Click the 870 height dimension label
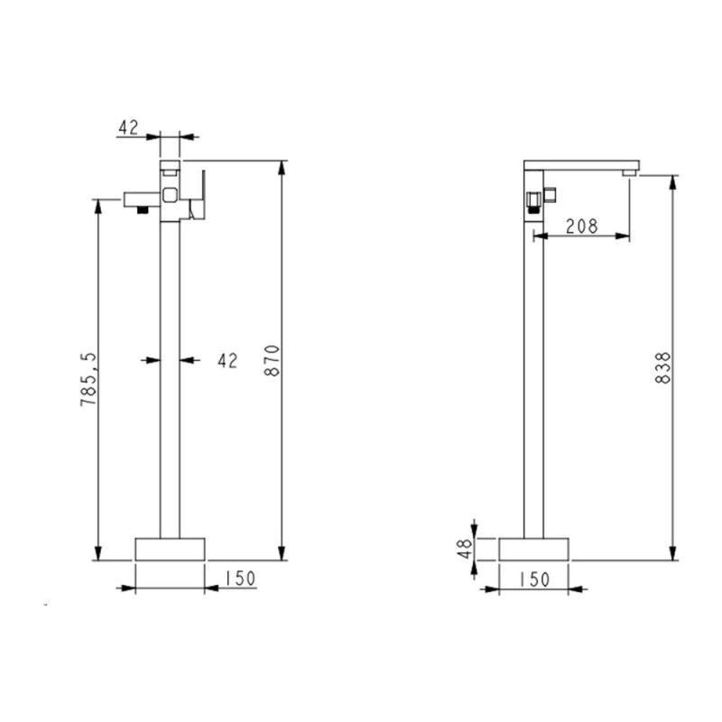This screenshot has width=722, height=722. [x=273, y=360]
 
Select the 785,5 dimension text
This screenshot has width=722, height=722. [x=88, y=378]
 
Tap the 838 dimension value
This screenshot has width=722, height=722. [x=663, y=367]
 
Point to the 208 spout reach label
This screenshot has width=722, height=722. [x=581, y=227]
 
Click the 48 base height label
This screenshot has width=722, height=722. [x=466, y=549]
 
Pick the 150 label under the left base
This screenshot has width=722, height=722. [x=239, y=579]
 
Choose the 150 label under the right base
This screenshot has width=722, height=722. [x=534, y=579]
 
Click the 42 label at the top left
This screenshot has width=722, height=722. [x=128, y=127]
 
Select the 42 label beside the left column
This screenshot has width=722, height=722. [x=227, y=360]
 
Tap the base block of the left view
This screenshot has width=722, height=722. [x=170, y=549]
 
